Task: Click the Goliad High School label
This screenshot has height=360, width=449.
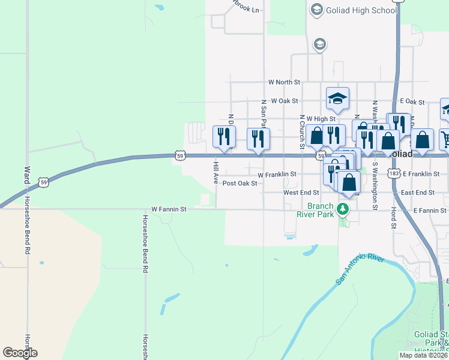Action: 361,10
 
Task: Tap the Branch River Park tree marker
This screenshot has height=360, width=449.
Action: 342,209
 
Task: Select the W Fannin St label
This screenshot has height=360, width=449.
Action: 169,209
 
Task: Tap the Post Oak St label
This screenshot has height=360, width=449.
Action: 240,184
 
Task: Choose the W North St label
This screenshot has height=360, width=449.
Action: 284,82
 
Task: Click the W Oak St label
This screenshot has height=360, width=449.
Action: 285,101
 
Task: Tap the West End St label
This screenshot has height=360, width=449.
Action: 301,193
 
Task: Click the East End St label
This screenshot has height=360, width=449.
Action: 417,193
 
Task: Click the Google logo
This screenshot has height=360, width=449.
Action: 20,353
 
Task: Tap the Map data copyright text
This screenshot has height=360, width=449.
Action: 423,355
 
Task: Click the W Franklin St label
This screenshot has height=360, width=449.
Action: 277,174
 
